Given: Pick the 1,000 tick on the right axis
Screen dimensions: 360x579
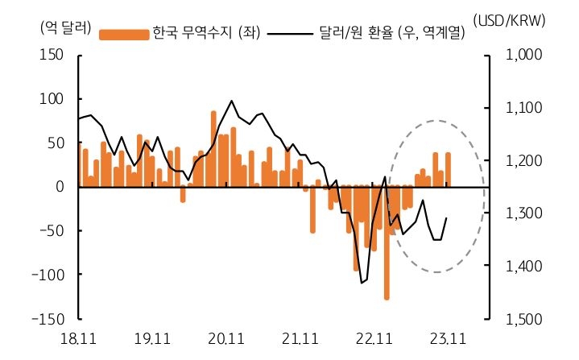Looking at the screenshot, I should tap(524, 55).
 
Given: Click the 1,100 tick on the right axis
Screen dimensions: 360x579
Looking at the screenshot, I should tap(524, 108).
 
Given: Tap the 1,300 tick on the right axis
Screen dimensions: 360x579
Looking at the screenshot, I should tap(524, 213).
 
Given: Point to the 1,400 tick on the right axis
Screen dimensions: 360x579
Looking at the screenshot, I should tap(524, 266).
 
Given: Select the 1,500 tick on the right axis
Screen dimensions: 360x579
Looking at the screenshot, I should tap(524, 319).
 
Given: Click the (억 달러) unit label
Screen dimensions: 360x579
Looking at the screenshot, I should tap(62, 25).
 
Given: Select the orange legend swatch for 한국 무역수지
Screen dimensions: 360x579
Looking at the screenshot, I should tap(124, 34).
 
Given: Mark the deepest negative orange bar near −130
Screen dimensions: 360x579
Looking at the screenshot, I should tap(387, 242).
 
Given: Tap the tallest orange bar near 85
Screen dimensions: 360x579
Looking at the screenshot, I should tap(213, 149).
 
